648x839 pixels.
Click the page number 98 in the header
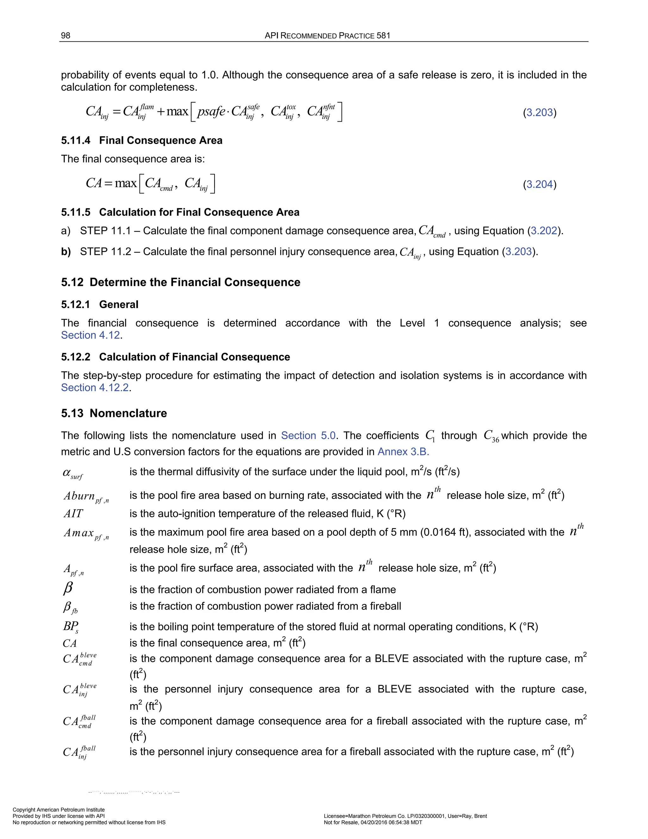[65, 36]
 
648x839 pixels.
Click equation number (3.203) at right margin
[539, 113]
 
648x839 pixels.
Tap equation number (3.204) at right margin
[539, 184]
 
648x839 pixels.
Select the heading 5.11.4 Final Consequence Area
[142, 140]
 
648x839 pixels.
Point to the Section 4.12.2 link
[95, 388]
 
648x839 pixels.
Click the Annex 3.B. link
[403, 451]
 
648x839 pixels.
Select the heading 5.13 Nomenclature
[114, 413]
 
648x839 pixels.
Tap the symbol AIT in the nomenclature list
[73, 514]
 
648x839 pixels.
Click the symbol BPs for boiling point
[71, 627]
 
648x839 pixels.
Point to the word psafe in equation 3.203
[211, 111]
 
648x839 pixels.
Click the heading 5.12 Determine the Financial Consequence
[180, 282]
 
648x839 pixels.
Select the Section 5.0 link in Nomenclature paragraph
[308, 436]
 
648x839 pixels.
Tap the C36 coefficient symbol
[491, 436]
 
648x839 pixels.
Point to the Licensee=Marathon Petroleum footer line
[405, 816]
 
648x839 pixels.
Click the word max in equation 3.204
[126, 183]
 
